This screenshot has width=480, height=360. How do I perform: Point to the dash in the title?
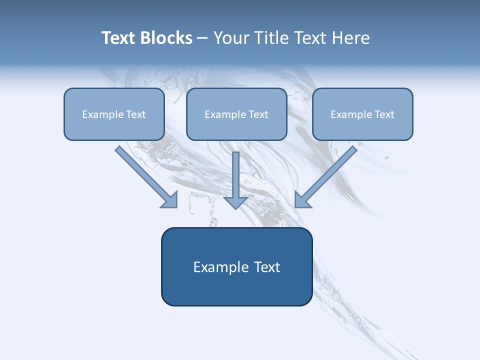click(x=202, y=38)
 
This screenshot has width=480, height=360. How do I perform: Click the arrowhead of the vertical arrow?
click(x=235, y=202)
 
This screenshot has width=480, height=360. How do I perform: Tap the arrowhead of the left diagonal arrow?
click(x=170, y=200)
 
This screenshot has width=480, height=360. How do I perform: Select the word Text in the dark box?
click(x=267, y=267)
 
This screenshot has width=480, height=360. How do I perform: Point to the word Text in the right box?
click(x=384, y=114)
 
